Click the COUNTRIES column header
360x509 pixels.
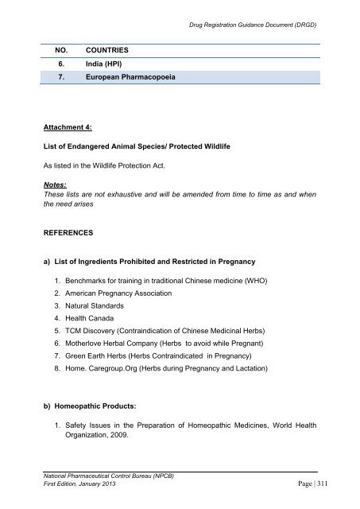(103, 49)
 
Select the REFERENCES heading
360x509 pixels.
(72, 235)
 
